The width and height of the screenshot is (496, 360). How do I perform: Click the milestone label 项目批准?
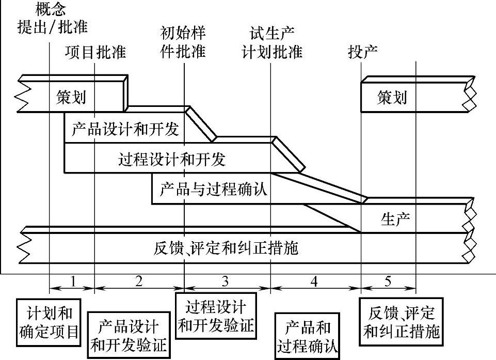(95, 52)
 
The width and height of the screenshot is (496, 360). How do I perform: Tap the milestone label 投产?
(363, 52)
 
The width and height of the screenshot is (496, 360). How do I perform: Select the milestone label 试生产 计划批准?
(272, 43)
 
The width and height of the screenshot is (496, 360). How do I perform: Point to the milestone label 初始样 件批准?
(184, 43)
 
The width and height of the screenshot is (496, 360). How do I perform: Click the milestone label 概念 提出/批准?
(52, 18)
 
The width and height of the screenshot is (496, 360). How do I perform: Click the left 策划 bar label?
(71, 97)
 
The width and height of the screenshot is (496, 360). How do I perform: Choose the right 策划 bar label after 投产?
(392, 97)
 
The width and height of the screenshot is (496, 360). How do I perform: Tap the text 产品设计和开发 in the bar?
(125, 129)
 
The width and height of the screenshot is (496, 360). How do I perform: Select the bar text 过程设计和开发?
(172, 160)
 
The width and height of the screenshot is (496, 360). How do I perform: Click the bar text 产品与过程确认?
(213, 189)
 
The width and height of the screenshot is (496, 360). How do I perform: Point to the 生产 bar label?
(395, 220)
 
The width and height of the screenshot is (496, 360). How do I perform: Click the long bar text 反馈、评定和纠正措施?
(226, 248)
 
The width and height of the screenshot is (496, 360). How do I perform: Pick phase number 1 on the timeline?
(72, 281)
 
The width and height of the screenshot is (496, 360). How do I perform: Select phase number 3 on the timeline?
(225, 281)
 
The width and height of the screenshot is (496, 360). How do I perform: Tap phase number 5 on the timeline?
(388, 281)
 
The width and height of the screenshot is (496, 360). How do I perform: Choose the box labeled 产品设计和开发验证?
(129, 335)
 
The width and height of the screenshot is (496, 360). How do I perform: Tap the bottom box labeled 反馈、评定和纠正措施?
(402, 321)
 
